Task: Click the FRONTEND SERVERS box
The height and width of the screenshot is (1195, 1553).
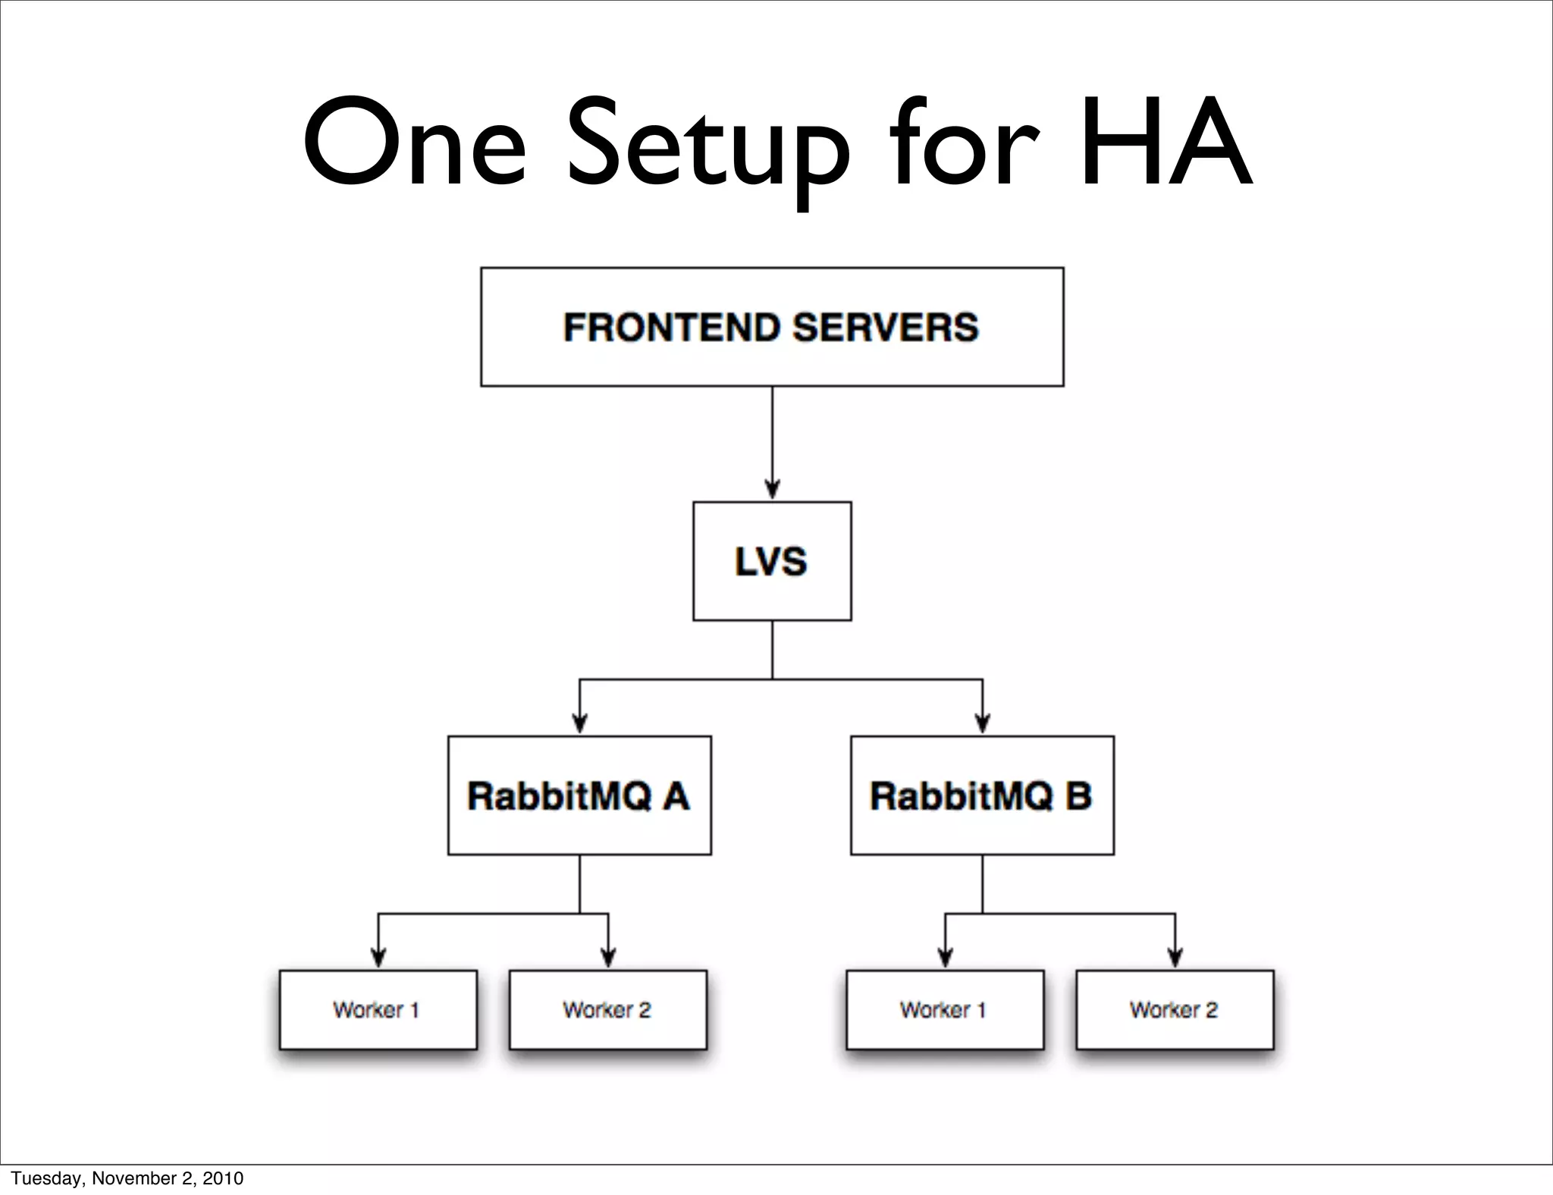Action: click(772, 327)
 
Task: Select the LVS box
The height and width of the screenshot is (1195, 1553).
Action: click(772, 561)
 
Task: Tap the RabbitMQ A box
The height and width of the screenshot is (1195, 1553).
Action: click(579, 795)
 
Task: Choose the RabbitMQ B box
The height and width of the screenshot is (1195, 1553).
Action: click(982, 795)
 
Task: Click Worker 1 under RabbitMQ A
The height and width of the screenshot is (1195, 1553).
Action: click(378, 1010)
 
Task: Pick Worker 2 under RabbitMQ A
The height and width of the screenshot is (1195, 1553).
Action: click(607, 1010)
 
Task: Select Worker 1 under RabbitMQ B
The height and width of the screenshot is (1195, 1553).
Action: click(945, 1010)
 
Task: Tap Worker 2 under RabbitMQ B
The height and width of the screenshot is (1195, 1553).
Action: click(1175, 1010)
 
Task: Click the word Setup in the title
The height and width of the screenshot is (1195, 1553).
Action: click(708, 144)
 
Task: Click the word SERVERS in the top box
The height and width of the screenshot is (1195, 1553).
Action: click(885, 328)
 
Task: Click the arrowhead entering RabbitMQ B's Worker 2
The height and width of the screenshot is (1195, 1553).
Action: click(1175, 958)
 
